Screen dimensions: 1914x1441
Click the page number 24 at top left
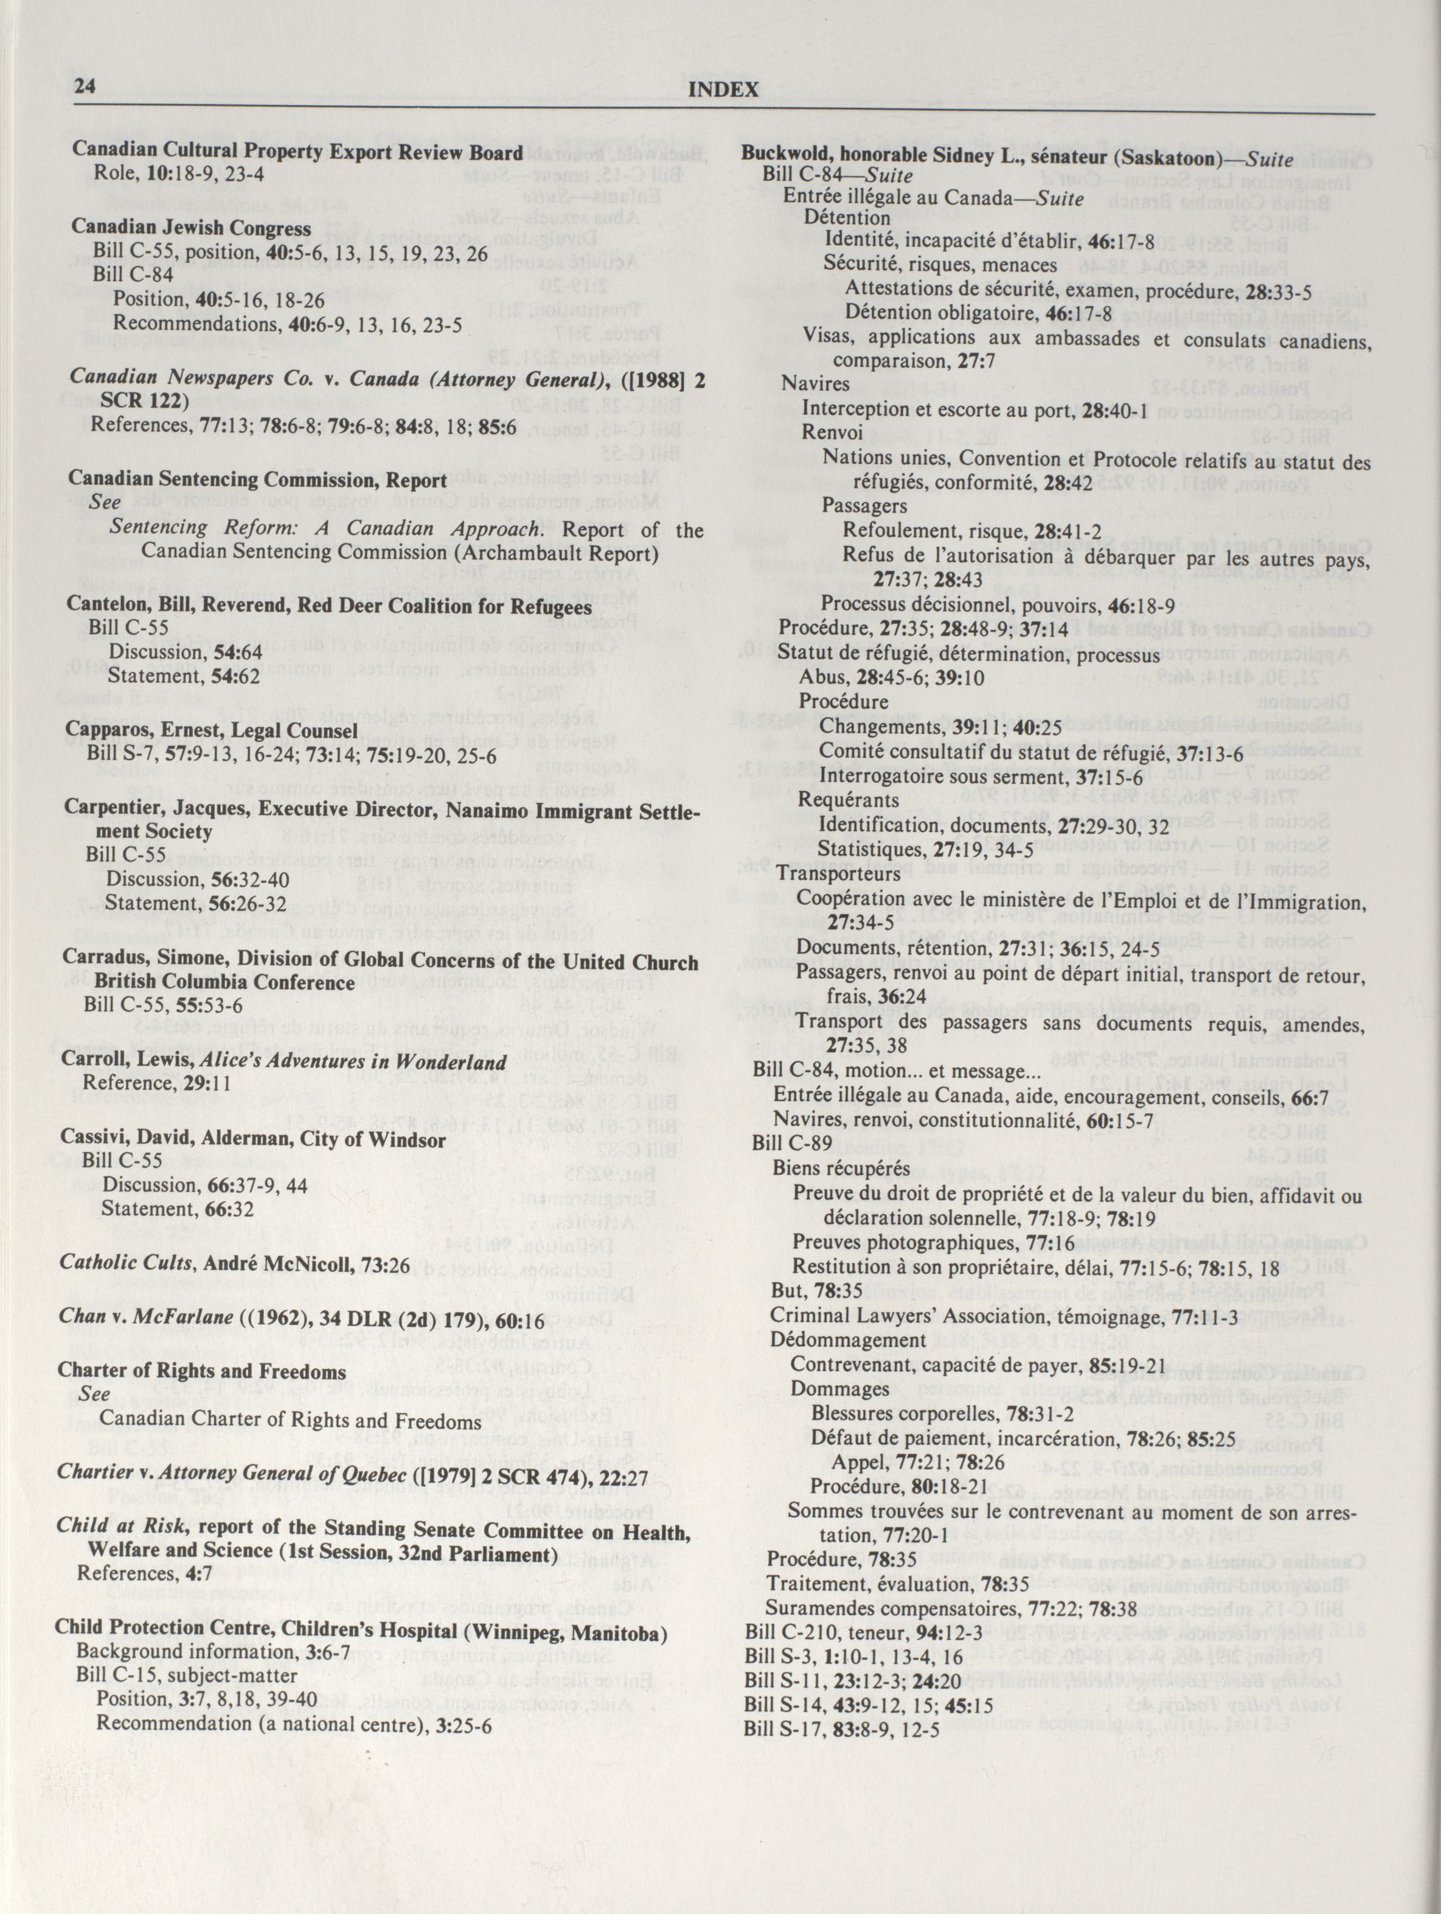(84, 86)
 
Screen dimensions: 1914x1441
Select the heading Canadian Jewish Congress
(191, 228)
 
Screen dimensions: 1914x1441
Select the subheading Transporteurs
(826, 873)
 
